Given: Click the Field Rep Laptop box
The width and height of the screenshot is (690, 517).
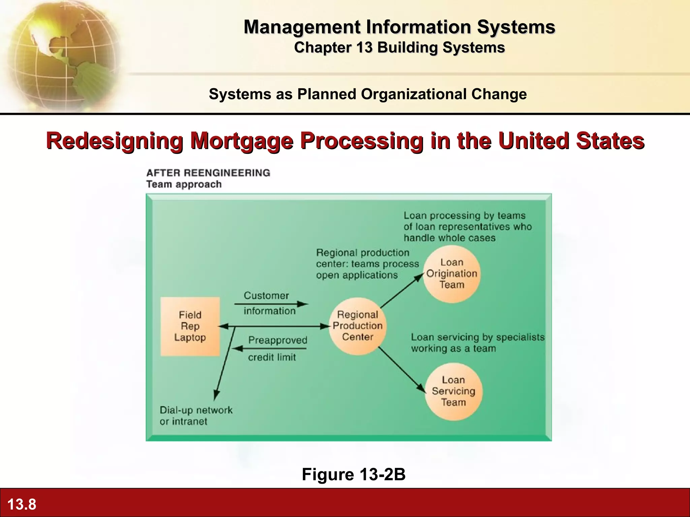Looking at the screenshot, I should click(x=190, y=326).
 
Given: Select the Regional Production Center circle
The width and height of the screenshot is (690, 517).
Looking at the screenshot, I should click(x=357, y=326).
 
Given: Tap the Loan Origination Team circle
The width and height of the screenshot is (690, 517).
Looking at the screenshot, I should click(x=452, y=274).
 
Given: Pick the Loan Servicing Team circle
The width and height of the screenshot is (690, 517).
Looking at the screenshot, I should click(x=453, y=391).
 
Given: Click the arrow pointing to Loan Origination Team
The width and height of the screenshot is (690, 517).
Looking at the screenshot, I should click(x=402, y=291).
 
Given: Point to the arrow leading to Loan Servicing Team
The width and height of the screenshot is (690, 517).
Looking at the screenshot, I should click(x=402, y=370).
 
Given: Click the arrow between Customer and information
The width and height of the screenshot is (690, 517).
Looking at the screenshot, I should click(x=271, y=304).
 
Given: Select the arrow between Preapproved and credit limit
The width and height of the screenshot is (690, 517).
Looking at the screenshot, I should click(x=270, y=348).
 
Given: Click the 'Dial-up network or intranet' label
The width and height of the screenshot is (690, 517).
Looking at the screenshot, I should click(x=196, y=416).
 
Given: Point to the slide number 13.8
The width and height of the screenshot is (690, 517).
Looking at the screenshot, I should click(x=22, y=504).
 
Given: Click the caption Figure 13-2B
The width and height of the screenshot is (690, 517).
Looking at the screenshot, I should click(x=353, y=474).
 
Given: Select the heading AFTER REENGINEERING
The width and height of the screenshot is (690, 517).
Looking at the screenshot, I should click(x=208, y=173).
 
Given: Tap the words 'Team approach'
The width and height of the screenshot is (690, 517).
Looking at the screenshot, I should click(x=184, y=184).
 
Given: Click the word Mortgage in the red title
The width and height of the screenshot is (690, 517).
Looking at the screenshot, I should click(x=242, y=141).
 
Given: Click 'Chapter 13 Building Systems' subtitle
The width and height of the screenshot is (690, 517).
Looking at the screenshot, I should click(x=399, y=48).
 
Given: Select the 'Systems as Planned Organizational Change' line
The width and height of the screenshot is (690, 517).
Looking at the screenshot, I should click(x=368, y=94).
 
